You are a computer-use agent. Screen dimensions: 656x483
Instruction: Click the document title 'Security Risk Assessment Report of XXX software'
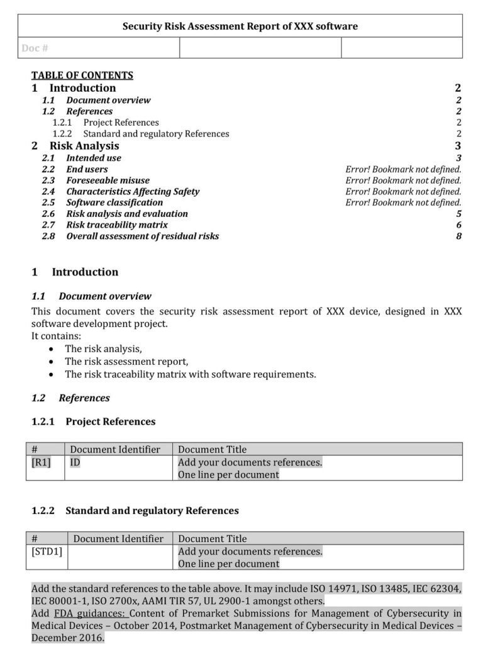(x=240, y=26)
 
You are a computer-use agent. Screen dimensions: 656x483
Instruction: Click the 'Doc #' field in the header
(x=35, y=48)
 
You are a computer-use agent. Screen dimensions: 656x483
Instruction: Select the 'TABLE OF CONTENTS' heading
(x=82, y=75)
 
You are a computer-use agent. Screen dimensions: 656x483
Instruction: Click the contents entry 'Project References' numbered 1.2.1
(x=121, y=123)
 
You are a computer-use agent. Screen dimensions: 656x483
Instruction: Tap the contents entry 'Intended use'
(x=94, y=158)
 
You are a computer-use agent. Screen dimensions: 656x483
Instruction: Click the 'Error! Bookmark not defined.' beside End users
(x=403, y=169)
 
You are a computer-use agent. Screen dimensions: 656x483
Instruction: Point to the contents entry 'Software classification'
(x=114, y=203)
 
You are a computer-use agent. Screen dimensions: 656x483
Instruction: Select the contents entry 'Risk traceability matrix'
(x=117, y=225)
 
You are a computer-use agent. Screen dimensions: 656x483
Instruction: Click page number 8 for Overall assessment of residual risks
(x=458, y=236)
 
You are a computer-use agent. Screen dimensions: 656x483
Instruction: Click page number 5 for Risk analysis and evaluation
(x=458, y=214)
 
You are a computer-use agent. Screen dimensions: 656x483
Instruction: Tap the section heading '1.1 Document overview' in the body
(x=92, y=296)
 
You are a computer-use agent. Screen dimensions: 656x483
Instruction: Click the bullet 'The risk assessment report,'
(x=126, y=362)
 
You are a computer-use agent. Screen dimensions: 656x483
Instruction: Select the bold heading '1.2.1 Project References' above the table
(x=94, y=421)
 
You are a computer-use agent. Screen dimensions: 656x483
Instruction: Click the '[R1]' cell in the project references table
(x=41, y=462)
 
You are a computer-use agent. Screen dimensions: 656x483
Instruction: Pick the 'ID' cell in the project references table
(x=75, y=462)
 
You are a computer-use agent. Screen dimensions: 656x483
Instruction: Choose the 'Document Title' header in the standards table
(x=213, y=539)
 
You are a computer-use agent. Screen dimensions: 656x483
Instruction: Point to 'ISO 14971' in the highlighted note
(x=333, y=589)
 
